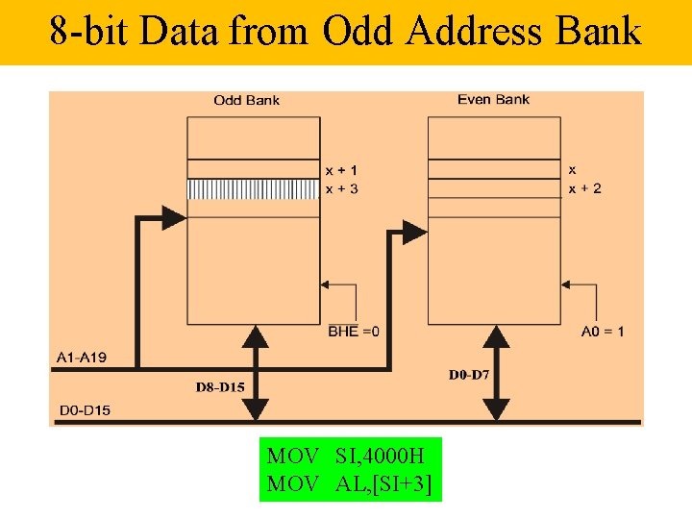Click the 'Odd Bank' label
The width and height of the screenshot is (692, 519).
tap(246, 100)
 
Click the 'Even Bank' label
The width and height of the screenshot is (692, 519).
tap(493, 99)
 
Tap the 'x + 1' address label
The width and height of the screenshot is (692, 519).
tap(342, 170)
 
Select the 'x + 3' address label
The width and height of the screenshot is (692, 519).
tap(342, 188)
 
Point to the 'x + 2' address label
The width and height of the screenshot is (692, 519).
tap(585, 188)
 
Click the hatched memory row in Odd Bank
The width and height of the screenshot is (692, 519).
tap(253, 189)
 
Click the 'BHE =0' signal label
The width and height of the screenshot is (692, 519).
tap(355, 332)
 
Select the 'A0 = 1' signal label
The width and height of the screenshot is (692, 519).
tap(603, 332)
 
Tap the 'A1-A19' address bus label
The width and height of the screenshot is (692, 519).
tap(82, 358)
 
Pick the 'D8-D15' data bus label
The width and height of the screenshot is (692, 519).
tap(220, 387)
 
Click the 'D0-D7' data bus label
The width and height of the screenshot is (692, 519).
tap(469, 374)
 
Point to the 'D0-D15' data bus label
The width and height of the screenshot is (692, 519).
tap(85, 410)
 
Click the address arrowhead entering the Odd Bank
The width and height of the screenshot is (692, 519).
tap(175, 215)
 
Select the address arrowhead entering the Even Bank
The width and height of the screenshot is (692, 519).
tap(415, 232)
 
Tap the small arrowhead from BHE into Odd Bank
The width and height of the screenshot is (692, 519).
tap(326, 284)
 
